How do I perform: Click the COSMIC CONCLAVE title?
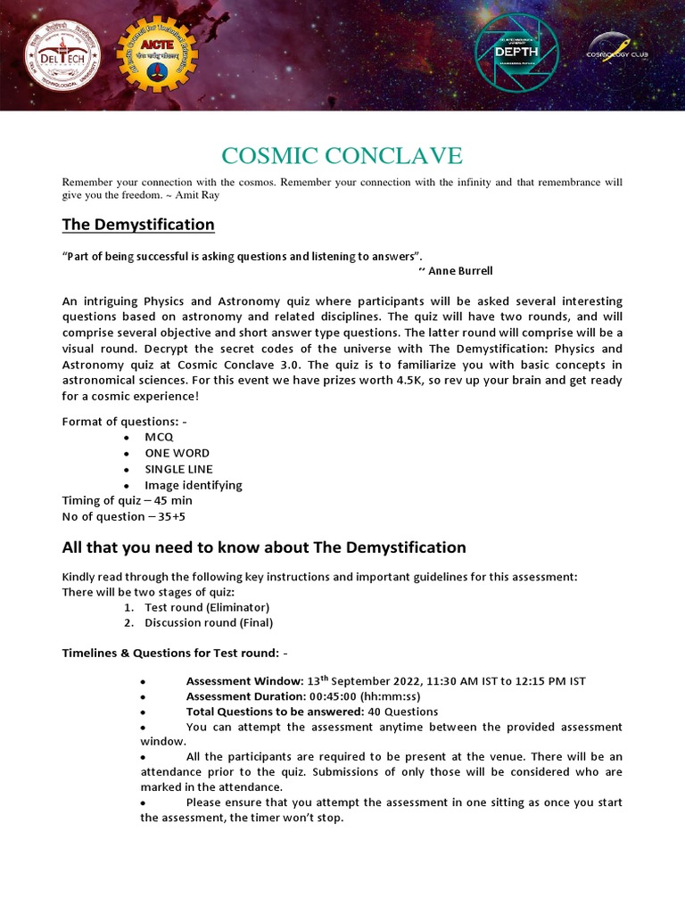tap(342, 155)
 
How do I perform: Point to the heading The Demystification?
tap(137, 224)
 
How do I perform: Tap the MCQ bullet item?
tap(159, 437)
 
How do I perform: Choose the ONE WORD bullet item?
tap(177, 453)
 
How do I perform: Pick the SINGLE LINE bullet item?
tap(178, 469)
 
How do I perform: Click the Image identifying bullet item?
tap(193, 485)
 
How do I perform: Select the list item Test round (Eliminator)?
tap(207, 607)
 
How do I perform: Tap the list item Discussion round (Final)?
tap(209, 623)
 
